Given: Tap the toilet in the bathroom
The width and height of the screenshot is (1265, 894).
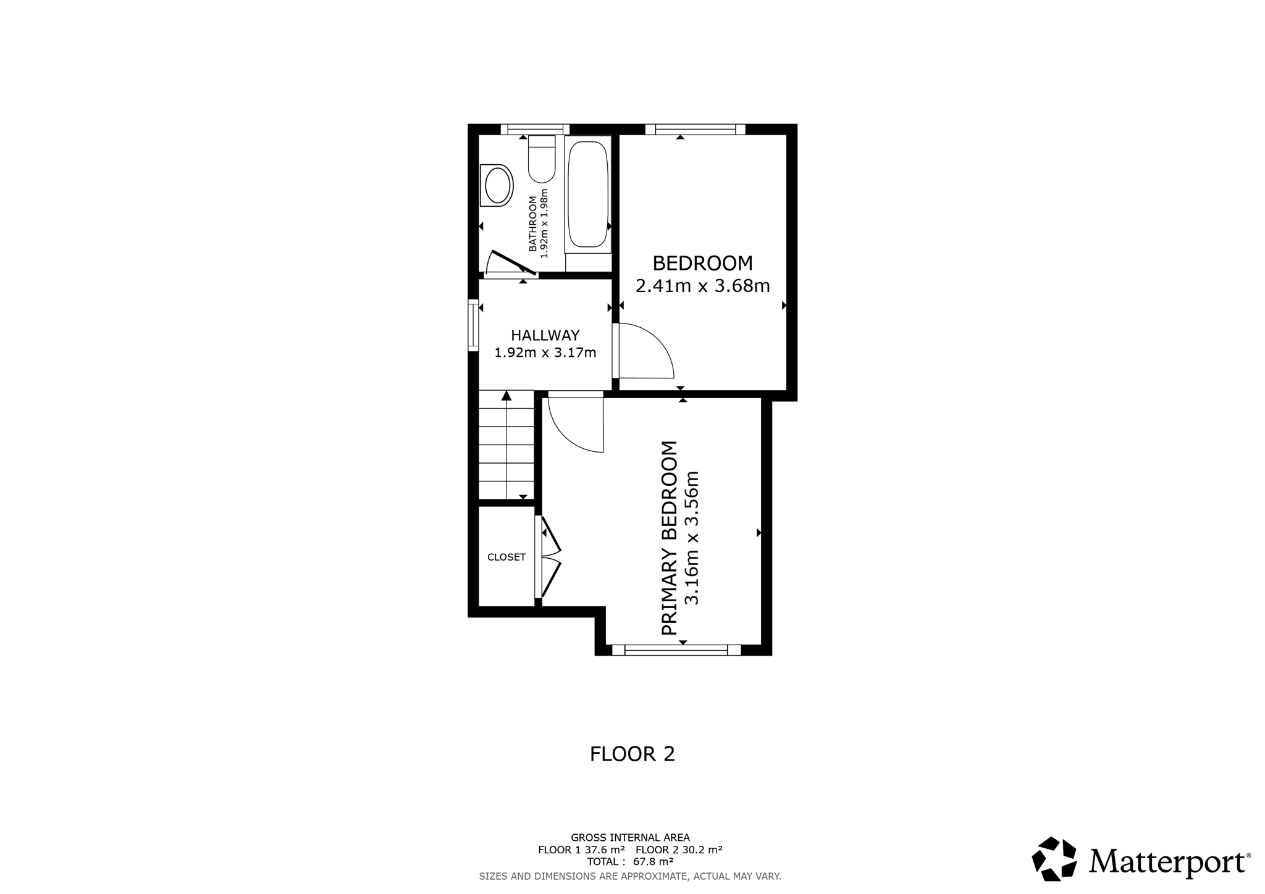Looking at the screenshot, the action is tap(542, 159).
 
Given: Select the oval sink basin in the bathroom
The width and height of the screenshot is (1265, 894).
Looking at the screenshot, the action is tap(497, 185).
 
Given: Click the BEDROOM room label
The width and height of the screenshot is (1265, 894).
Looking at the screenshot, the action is tap(703, 264).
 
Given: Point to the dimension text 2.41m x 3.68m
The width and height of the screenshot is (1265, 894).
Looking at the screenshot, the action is tap(703, 286).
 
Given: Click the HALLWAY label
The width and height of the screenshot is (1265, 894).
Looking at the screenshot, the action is tap(545, 335).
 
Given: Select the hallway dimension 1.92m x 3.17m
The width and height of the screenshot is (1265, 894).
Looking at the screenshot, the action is tap(545, 353).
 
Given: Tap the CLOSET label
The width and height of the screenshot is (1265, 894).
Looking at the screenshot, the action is tap(506, 557).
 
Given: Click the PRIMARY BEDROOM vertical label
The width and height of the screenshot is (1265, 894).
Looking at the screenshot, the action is tap(670, 538).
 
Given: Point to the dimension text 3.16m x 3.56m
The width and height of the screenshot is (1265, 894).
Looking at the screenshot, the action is tap(692, 538).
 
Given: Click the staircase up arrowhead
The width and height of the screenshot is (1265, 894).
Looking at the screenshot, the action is tap(506, 395).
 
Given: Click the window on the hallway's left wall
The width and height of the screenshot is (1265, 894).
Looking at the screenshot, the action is tap(473, 325).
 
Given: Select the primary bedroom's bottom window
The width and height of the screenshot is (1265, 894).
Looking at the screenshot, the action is tap(676, 650).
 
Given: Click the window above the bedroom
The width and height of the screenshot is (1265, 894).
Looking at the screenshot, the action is tap(696, 129).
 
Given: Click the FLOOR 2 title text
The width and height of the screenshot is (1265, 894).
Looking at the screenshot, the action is tap(632, 754).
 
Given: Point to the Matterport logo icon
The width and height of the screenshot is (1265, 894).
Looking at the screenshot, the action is tap(1054, 858).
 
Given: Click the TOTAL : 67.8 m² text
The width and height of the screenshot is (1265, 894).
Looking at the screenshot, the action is tap(630, 861).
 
